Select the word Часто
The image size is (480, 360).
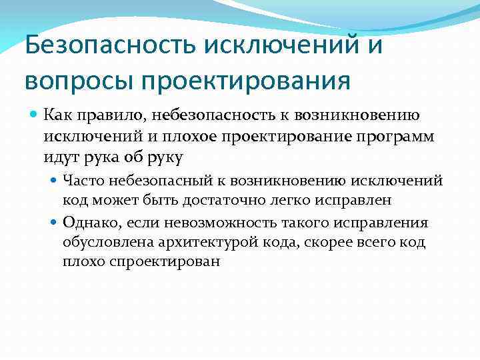81,180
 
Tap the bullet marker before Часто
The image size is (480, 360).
55,180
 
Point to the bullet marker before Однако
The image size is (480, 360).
55,222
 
